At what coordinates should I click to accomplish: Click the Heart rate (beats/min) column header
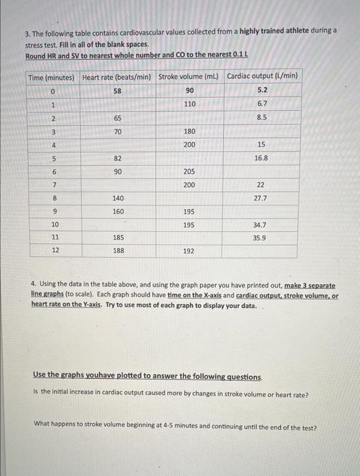point(118,77)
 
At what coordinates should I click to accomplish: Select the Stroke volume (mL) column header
point(189,77)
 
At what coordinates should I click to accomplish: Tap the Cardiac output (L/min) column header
point(262,76)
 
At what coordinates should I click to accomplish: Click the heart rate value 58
point(118,90)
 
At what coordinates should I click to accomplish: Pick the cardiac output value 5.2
point(262,90)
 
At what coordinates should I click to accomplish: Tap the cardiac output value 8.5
point(262,117)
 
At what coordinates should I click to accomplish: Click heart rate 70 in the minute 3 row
point(118,131)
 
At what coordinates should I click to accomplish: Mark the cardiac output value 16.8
point(261,157)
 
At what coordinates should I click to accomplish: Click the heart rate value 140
point(118,198)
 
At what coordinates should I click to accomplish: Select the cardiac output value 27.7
point(261,198)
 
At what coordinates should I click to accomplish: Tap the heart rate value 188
point(118,251)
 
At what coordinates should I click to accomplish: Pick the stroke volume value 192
point(189,251)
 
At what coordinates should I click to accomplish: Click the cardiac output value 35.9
point(261,238)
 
